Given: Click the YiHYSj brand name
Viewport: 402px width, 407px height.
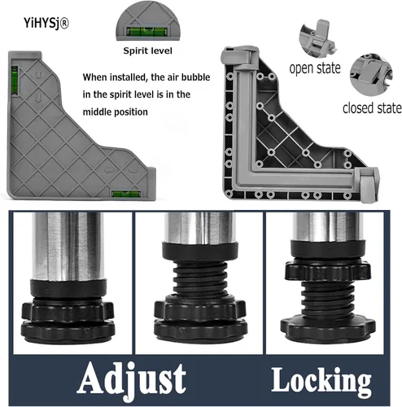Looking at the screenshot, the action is pos(42,23).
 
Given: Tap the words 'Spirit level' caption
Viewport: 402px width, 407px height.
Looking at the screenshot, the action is pos(147,50).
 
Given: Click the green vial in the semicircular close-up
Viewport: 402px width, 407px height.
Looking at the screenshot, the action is pos(147,31).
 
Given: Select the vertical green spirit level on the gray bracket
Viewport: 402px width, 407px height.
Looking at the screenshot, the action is pos(15,81).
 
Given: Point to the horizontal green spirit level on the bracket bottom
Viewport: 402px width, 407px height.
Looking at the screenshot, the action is pos(126,194).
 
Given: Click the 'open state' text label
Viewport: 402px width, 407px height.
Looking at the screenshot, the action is pos(315,68).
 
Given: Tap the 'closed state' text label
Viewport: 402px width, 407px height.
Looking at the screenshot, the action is pos(372,108).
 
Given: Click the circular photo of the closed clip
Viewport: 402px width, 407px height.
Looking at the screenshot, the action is pos(371,74).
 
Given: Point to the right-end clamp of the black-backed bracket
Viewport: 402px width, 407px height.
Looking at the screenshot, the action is pos(368,185).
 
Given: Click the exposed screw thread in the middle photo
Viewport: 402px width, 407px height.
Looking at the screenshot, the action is pos(200,280).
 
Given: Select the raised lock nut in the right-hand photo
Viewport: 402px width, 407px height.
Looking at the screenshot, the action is pos(328,271).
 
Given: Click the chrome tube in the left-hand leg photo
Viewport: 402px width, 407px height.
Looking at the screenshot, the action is pos(68,246).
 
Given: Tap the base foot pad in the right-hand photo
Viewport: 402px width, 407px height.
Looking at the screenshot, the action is pos(328,327).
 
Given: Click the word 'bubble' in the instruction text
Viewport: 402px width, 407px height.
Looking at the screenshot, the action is pos(195,77).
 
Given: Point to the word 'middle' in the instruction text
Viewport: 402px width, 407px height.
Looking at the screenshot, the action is pos(95,112).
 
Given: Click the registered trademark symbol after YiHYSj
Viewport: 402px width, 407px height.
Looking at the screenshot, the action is pos(64,24).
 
